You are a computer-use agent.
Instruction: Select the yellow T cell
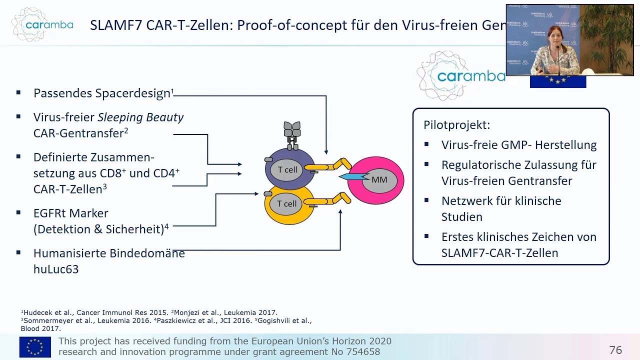[287, 204]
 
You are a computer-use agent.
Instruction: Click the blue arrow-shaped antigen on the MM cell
[352, 177]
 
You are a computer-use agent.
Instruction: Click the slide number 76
[615, 350]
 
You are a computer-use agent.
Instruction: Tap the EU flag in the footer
[35, 347]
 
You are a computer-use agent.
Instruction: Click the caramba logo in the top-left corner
[42, 24]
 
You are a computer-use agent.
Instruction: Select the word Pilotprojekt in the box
[456, 125]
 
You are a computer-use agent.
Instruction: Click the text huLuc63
[56, 269]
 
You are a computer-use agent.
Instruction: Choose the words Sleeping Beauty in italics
[140, 117]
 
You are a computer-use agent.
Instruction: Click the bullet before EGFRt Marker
[18, 212]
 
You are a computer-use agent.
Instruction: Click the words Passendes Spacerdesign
[101, 93]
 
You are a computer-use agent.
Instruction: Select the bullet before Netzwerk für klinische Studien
[426, 200]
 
